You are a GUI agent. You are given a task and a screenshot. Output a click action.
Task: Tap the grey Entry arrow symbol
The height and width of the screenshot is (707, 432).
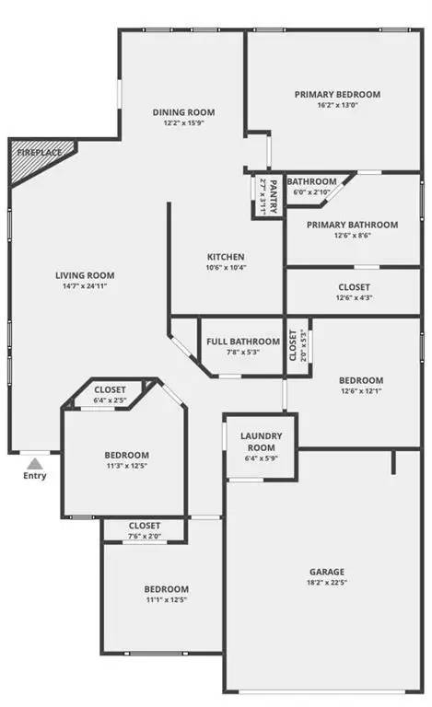point(33,462)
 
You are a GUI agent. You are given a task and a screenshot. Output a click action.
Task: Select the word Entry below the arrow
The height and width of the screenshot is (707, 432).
point(34,476)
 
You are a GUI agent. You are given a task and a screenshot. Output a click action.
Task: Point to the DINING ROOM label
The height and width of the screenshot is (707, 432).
point(183,112)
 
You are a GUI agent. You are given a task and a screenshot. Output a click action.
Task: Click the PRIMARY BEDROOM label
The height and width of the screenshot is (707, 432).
point(337,94)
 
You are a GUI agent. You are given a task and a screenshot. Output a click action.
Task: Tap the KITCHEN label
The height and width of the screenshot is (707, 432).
point(225,256)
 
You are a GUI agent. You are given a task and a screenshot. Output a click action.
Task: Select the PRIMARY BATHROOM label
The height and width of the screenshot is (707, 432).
point(352,225)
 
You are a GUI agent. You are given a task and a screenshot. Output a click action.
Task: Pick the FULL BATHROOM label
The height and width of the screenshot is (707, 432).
point(242,342)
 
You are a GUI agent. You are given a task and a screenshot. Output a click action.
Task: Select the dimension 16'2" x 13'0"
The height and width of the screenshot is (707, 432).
point(337,106)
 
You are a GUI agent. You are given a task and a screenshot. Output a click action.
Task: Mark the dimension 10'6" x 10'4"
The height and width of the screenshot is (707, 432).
point(225,268)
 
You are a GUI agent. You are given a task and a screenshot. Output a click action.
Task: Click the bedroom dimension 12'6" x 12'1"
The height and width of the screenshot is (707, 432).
point(360,391)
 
